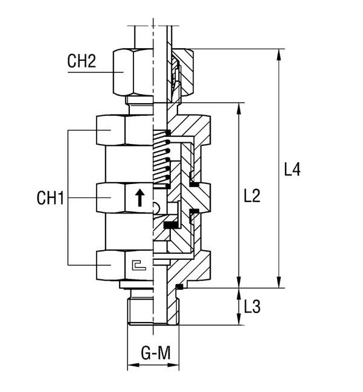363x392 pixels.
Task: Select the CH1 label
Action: (50, 198)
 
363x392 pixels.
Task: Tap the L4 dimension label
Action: (292, 169)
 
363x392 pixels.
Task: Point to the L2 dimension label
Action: (252, 195)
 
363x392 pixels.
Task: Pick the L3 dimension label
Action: (252, 307)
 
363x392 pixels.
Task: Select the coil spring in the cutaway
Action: (161, 158)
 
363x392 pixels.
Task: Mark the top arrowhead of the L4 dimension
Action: (280, 52)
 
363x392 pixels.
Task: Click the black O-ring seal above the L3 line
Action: (178, 285)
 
